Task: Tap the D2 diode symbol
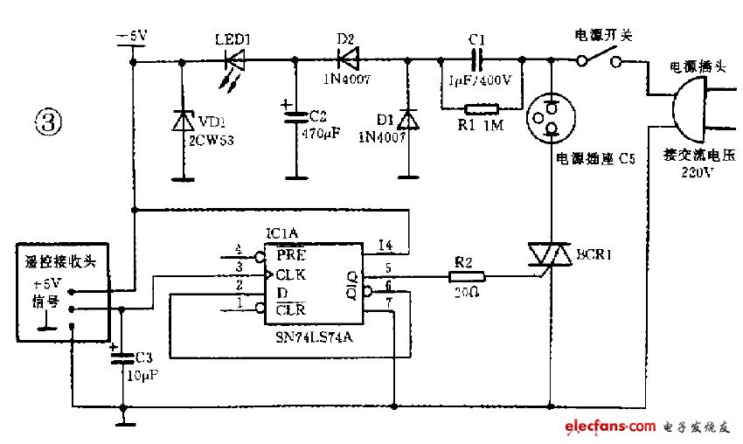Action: pos(347,60)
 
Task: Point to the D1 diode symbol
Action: pos(406,121)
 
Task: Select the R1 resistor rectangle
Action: pos(482,109)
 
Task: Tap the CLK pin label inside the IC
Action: pos(292,274)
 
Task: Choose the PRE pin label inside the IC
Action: pos(292,256)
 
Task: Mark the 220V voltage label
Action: pos(697,172)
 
